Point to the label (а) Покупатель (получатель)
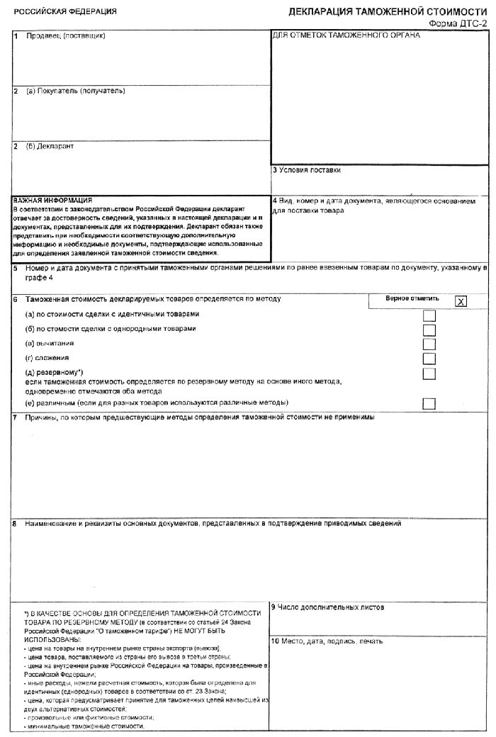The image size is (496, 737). (x=75, y=91)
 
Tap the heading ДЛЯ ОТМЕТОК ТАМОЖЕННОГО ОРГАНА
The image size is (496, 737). (x=346, y=35)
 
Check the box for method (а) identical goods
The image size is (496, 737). (x=429, y=315)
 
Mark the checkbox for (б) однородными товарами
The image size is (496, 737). (x=429, y=330)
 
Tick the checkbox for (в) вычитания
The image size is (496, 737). (x=429, y=344)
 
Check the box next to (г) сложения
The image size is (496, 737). (x=429, y=359)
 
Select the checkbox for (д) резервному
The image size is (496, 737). (x=429, y=373)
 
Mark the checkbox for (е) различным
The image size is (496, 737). (x=429, y=403)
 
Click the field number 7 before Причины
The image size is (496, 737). (x=15, y=417)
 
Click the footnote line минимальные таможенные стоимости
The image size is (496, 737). (x=84, y=727)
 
